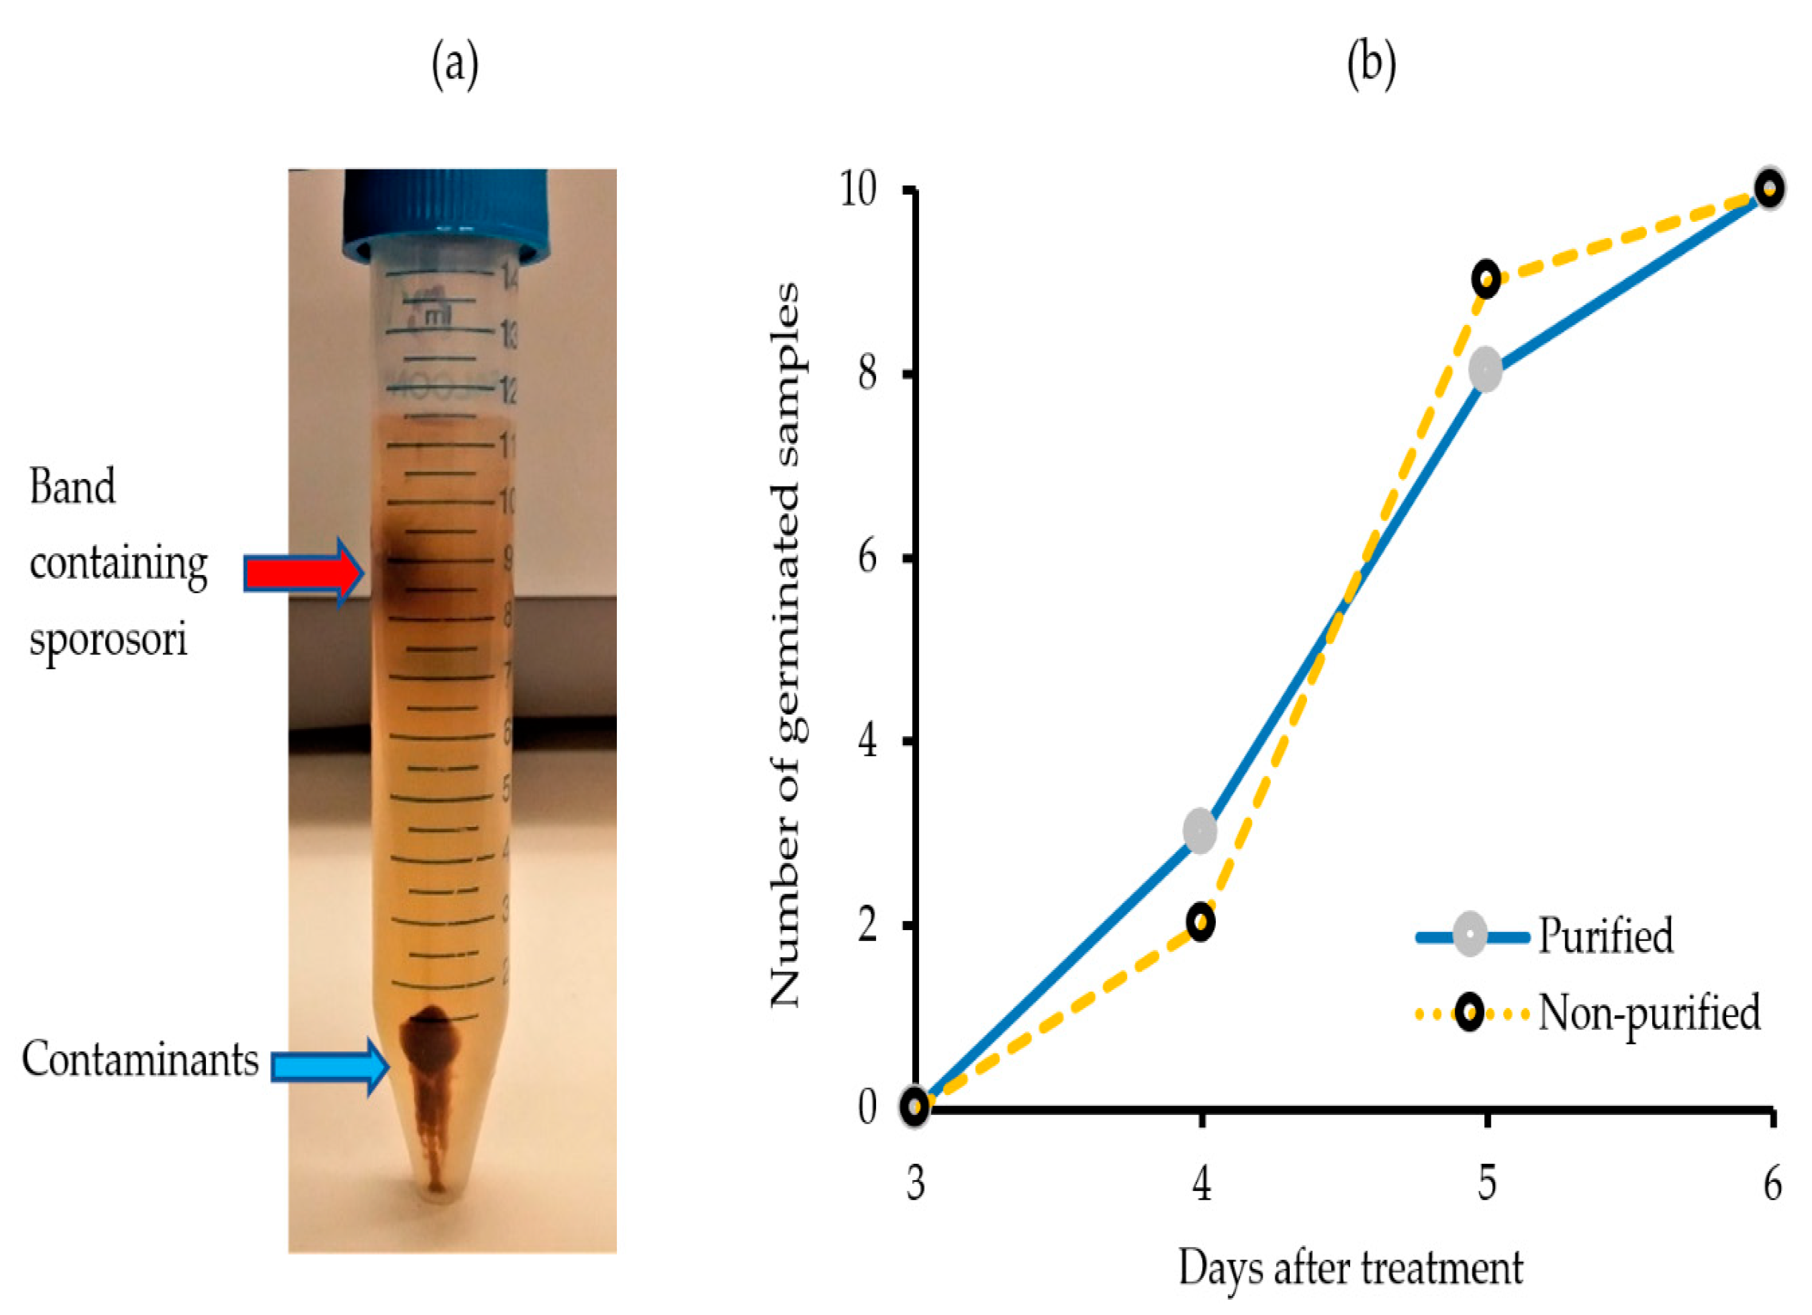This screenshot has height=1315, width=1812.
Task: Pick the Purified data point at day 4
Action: [x=1200, y=831]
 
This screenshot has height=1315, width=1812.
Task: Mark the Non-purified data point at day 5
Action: [x=1486, y=279]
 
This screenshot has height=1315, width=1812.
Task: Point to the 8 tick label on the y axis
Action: [x=867, y=373]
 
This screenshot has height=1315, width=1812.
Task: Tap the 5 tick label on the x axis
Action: [x=1486, y=1183]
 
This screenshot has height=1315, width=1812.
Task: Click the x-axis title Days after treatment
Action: [x=1350, y=1267]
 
